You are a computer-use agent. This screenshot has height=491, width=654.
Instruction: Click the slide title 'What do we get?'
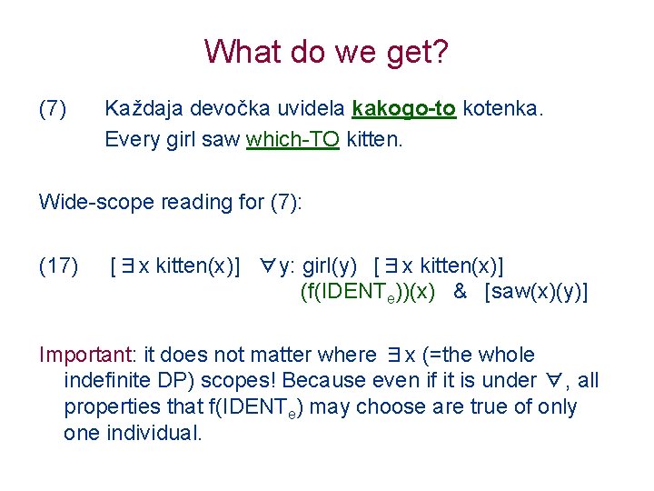pos(326,52)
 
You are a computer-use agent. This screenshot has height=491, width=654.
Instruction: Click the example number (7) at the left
pos(53,110)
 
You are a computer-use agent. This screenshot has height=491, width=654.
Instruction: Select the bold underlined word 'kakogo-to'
pos(403,110)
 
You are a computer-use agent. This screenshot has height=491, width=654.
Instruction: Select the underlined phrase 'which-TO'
pos(292,140)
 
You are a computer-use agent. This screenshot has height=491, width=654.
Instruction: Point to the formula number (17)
pos(58,266)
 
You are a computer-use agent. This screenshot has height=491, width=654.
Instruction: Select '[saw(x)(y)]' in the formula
pos(536,292)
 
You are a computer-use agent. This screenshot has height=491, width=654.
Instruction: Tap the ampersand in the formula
pos(460,292)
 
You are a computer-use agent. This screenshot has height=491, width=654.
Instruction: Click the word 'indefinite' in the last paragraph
pos(107,380)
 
